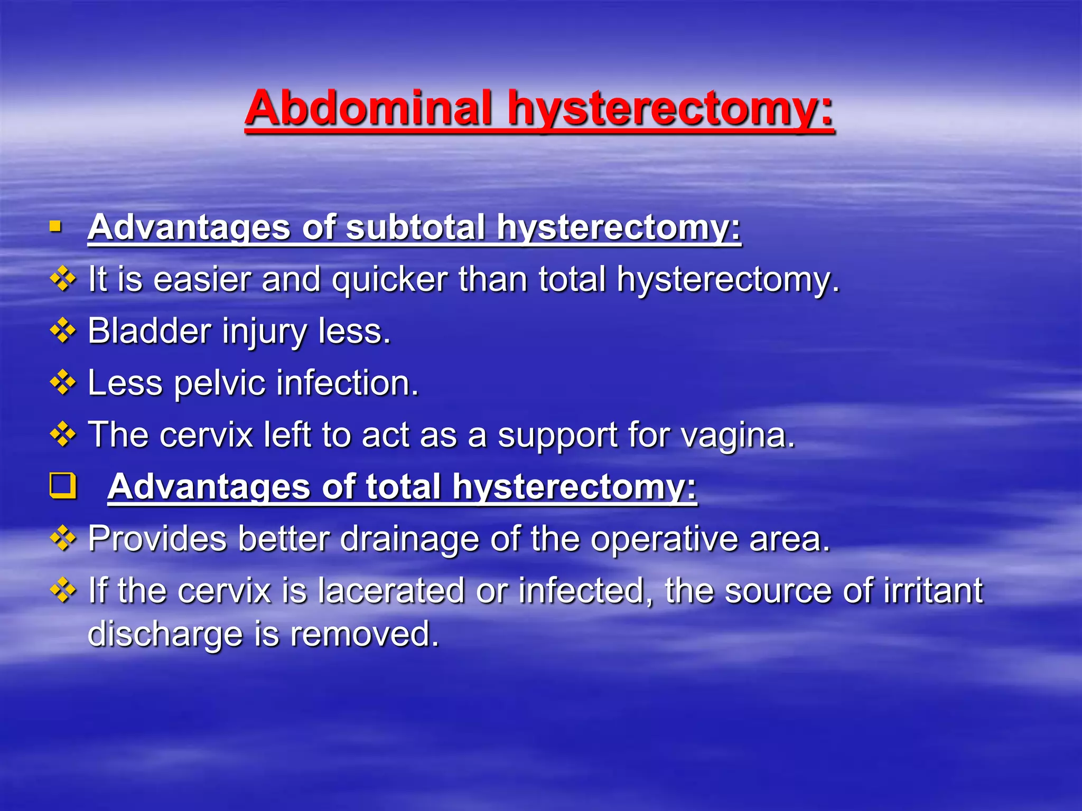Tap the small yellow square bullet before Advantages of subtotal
click(x=55, y=227)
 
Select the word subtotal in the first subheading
click(x=415, y=228)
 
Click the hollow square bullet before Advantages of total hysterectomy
click(x=63, y=486)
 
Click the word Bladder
click(x=150, y=331)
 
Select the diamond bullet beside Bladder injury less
click(x=63, y=331)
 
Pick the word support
click(x=557, y=435)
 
